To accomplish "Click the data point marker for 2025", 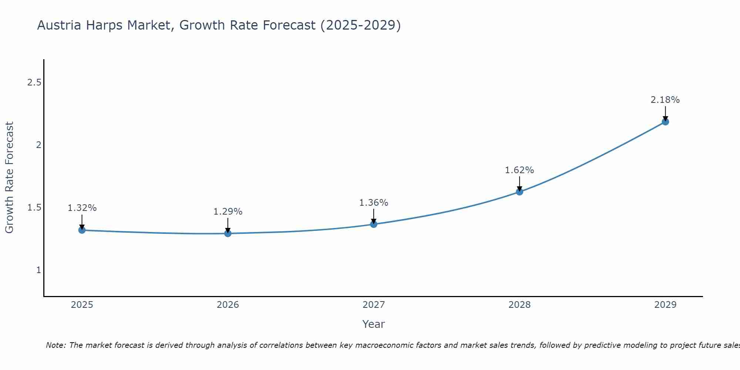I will (x=82, y=230).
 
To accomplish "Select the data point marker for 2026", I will (x=228, y=233).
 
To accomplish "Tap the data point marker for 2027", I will (x=374, y=224).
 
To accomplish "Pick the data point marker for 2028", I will (x=519, y=192).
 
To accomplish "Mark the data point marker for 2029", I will (x=665, y=122).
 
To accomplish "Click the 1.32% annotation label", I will (x=82, y=208).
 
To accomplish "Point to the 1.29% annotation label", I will (x=228, y=212).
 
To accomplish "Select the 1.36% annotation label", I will (x=374, y=203).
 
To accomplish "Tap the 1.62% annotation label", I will (x=519, y=170).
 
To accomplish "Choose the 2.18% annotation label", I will (x=665, y=100).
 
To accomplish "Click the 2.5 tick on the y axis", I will (x=34, y=83).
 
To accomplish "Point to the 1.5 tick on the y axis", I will (x=34, y=208).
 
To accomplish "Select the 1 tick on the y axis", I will (x=38, y=270).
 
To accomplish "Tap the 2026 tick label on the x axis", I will (x=228, y=305).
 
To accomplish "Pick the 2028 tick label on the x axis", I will (x=519, y=305).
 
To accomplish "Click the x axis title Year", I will (x=374, y=324).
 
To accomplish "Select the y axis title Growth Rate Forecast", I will (x=9, y=178).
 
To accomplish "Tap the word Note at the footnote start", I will (x=55, y=345).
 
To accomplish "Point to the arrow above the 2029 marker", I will (x=665, y=113).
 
